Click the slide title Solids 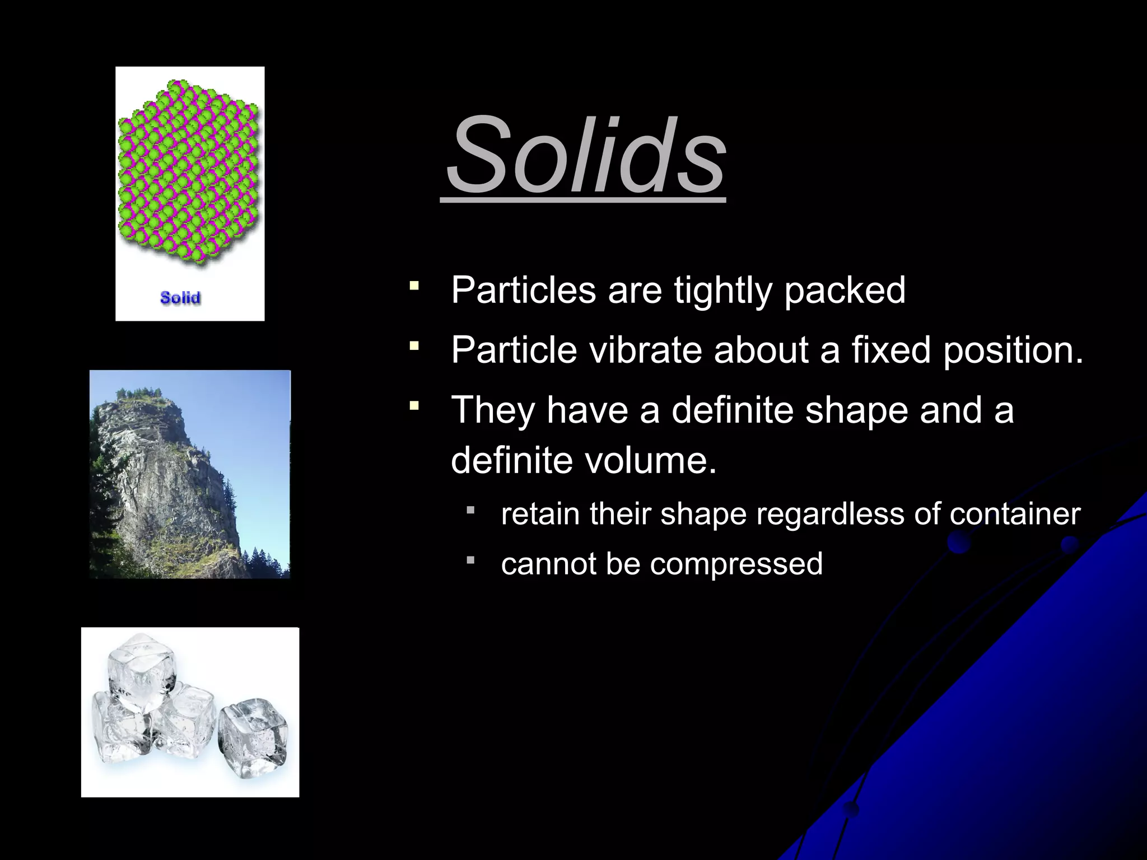pyautogui.click(x=586, y=153)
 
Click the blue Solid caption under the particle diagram pyautogui.click(x=180, y=297)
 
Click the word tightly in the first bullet pyautogui.click(x=722, y=291)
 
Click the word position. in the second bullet pyautogui.click(x=1014, y=350)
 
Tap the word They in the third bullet pyautogui.click(x=493, y=410)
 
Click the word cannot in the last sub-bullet pyautogui.click(x=548, y=563)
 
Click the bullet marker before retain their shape pyautogui.click(x=470, y=510)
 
